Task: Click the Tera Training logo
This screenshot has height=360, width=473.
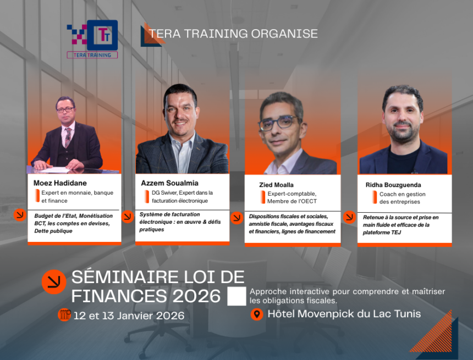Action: [x=92, y=38]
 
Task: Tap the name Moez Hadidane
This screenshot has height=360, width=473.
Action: [x=61, y=182]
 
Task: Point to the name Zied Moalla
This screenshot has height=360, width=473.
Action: [x=276, y=185]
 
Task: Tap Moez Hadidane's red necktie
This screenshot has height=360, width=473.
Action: [x=68, y=137]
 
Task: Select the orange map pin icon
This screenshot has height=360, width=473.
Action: [x=256, y=314]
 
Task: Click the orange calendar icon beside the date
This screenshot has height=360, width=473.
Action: [x=64, y=315]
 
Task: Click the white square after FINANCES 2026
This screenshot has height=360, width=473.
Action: [x=237, y=296]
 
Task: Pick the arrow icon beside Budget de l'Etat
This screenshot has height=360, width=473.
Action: [x=20, y=215]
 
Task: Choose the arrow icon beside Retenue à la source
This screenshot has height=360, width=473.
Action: [x=349, y=217]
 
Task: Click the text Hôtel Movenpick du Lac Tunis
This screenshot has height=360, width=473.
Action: [x=344, y=314]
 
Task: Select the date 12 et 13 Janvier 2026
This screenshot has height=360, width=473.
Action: [x=129, y=316]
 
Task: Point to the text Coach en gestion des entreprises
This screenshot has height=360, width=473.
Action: [x=402, y=198]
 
